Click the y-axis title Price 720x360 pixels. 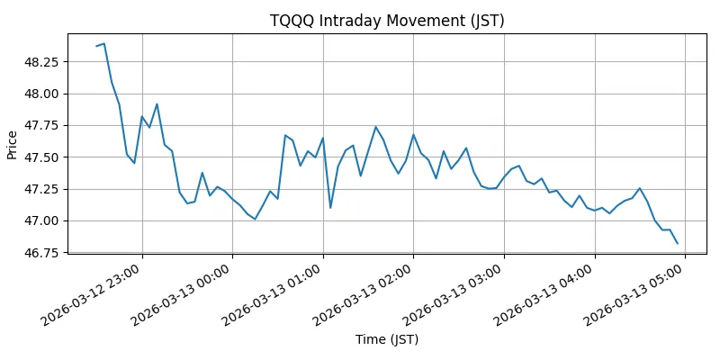13,143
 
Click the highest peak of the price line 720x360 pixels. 104,43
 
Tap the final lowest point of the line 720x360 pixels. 677,243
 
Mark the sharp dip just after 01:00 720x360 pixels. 330,208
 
